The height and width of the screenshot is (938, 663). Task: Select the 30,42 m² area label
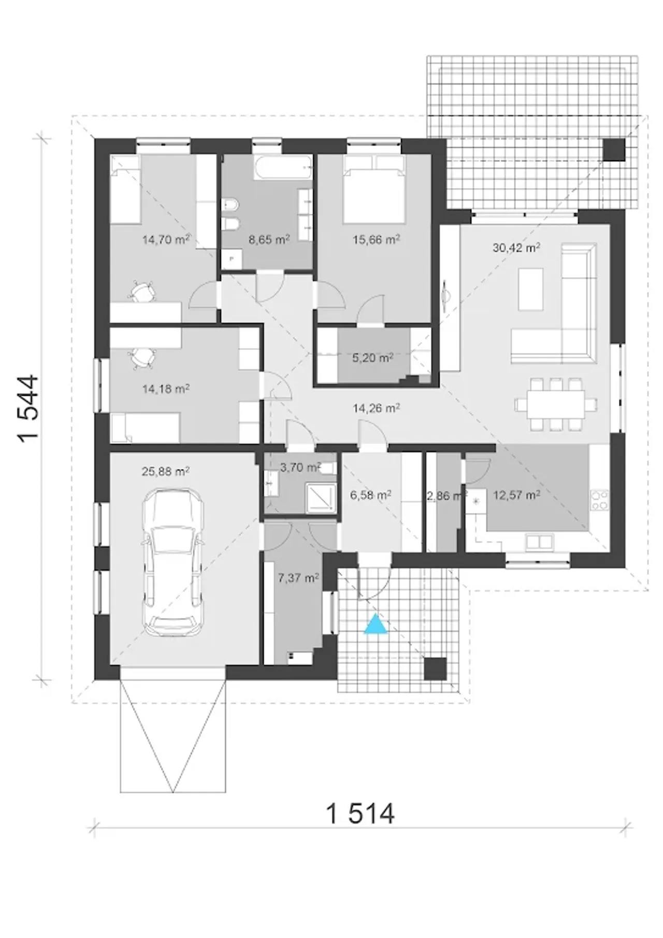click(516, 248)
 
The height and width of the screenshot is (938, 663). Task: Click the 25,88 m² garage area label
click(165, 472)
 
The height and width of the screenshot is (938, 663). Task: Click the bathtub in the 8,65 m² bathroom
click(283, 167)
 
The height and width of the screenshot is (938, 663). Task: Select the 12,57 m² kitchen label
click(516, 495)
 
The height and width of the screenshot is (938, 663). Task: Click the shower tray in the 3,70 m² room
click(320, 498)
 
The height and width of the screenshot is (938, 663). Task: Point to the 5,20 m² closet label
click(372, 358)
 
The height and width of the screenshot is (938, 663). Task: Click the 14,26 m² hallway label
click(376, 408)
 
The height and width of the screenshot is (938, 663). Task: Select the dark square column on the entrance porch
click(435, 669)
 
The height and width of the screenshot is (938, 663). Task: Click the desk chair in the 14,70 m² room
click(141, 292)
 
